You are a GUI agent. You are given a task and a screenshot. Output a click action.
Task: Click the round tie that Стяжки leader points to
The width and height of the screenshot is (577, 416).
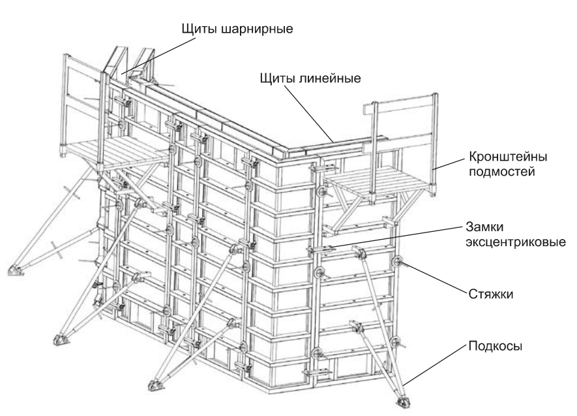(x=397, y=263)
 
